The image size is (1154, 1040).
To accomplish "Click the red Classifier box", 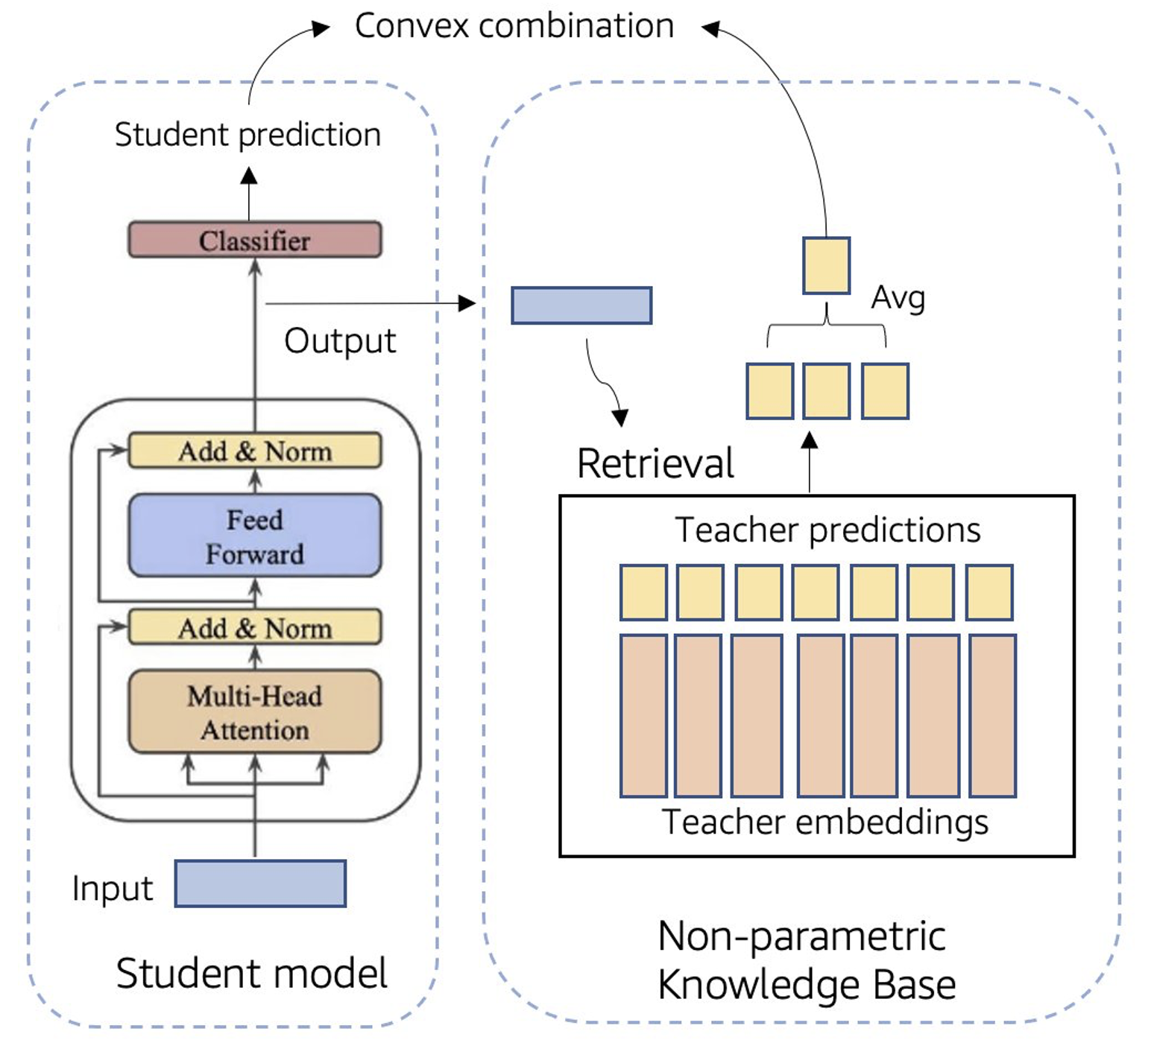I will (x=255, y=240).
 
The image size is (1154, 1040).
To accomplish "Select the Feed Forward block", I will (x=255, y=536).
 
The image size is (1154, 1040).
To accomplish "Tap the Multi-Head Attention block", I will (x=255, y=712).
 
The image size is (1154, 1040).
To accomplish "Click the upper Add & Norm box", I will (x=255, y=451).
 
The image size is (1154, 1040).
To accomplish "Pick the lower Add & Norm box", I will (x=255, y=627).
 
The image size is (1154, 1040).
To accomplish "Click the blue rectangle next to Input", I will (x=260, y=884).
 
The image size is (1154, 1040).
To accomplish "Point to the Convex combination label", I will (x=514, y=26).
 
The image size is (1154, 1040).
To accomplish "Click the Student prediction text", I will (x=247, y=135).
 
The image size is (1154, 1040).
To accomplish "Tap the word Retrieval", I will (x=655, y=463).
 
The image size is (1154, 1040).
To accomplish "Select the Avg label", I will (x=898, y=298).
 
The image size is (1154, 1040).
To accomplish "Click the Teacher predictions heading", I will (x=827, y=530).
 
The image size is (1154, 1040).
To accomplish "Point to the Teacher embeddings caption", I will (x=824, y=822).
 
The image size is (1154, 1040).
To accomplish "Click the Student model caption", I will (x=251, y=973).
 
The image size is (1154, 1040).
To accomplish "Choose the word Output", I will (x=340, y=340).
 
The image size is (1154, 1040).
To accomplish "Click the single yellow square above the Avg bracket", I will (x=826, y=266).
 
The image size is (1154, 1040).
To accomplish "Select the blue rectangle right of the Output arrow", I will (x=581, y=305).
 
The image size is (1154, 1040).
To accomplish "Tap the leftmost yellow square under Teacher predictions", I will (x=643, y=592).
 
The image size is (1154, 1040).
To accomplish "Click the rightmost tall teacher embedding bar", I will (x=992, y=715).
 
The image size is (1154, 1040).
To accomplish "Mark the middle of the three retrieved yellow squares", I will (x=827, y=391).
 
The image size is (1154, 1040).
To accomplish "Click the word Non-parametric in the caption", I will (x=801, y=936).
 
